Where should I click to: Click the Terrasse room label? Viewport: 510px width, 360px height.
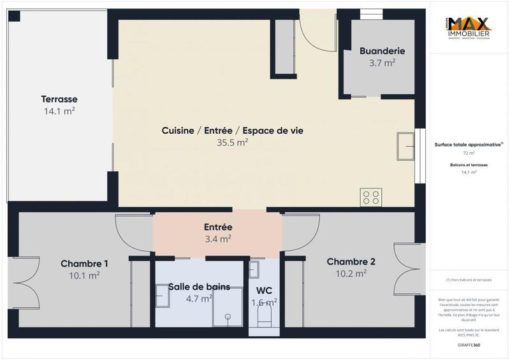click(x=59, y=99)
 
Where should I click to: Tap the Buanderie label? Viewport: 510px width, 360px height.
click(x=382, y=51)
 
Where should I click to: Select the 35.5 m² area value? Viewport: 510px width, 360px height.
click(x=232, y=143)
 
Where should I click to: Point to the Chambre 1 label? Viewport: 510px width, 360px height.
click(x=84, y=264)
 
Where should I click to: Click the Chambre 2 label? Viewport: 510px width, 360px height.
click(x=351, y=261)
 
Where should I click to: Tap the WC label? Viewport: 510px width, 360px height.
click(x=264, y=291)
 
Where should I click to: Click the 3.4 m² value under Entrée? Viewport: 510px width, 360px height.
click(x=218, y=239)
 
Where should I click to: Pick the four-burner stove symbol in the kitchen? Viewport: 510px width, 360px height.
click(x=370, y=197)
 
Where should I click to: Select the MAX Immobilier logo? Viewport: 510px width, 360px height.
click(x=469, y=29)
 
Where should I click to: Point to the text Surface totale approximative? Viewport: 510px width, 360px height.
click(x=468, y=145)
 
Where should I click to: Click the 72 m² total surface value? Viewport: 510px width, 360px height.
click(x=469, y=154)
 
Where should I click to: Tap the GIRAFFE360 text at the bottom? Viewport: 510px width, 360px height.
click(x=469, y=344)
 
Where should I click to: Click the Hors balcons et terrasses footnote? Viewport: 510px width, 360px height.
click(x=469, y=280)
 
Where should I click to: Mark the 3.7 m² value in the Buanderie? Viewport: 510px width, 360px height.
click(x=382, y=63)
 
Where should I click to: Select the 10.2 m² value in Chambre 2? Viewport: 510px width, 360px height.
click(x=351, y=273)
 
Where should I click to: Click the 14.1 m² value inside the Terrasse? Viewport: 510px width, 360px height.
click(x=59, y=112)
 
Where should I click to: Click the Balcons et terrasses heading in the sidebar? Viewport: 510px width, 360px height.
click(x=469, y=164)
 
